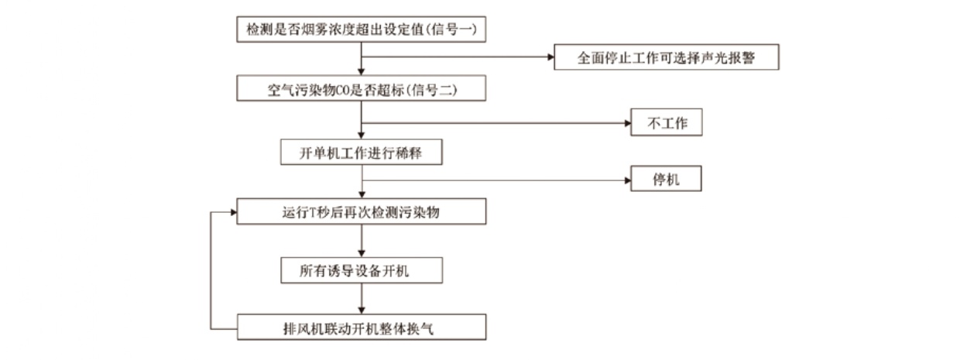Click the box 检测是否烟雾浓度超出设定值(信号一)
(361, 29)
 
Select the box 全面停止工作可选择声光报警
(666, 58)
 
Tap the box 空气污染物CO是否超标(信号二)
(361, 90)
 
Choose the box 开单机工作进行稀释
(361, 153)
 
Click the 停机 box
(666, 180)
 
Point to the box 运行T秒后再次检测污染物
(361, 212)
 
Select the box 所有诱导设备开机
(361, 270)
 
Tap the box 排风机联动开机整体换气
(361, 327)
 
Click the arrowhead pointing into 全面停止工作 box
(549, 57)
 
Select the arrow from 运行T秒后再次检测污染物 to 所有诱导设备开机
(362, 241)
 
